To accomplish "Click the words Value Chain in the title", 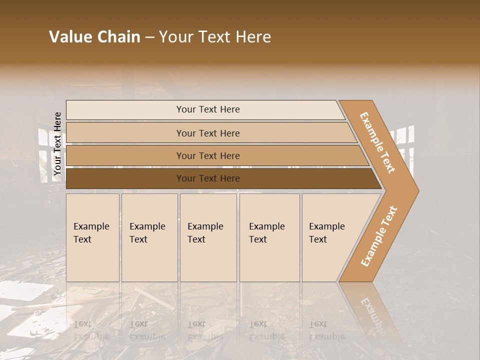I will [94, 37].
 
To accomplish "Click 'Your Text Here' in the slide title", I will [215, 37].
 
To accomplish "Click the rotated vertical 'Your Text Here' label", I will [57, 144].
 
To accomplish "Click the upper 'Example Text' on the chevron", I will [377, 142].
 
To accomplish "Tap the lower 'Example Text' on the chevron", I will [378, 236].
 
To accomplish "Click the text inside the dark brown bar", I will [208, 178].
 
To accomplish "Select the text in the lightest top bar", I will [208, 109].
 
